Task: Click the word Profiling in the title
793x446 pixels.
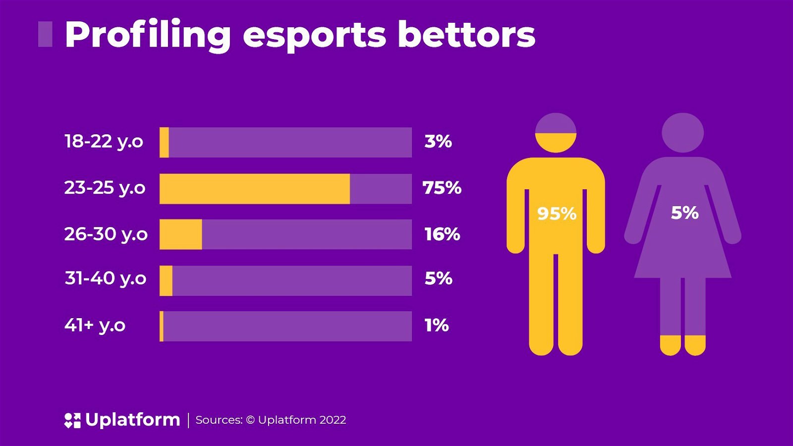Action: coord(148,35)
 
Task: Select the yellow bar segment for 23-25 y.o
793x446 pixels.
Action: coord(254,188)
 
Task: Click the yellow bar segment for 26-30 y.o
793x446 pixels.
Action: coord(180,234)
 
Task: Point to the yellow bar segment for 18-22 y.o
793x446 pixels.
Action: coord(164,142)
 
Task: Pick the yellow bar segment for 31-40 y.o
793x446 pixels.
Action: coord(166,280)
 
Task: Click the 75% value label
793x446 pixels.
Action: coord(442,188)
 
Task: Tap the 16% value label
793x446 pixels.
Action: coord(442,234)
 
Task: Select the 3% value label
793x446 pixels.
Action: coord(438,142)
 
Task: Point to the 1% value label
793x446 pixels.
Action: coord(437,326)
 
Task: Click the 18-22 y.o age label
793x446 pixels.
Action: coord(104,142)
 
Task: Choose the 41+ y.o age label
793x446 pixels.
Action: coord(95,326)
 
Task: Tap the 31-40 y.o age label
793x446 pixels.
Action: coord(105,279)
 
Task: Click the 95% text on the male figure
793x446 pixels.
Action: coord(557,214)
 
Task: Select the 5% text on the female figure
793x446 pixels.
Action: coord(684,213)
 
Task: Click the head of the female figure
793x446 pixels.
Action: coord(682,133)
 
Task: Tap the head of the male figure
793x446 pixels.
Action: coord(556,133)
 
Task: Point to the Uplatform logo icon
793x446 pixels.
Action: coord(72,420)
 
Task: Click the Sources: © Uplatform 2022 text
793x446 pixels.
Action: coord(271,420)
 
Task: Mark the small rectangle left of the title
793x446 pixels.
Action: coord(45,34)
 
